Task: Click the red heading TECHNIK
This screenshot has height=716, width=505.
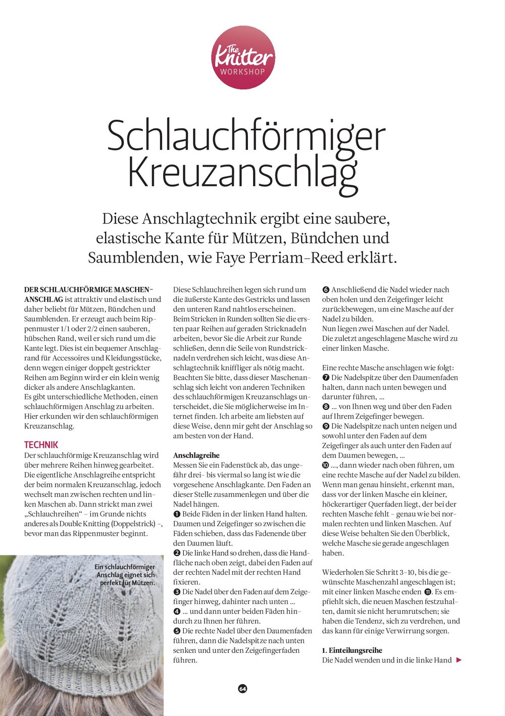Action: (41, 445)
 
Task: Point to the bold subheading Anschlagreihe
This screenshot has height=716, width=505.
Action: (196, 455)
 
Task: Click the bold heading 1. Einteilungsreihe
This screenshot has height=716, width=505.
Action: (352, 650)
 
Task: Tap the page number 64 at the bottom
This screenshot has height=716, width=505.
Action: (243, 689)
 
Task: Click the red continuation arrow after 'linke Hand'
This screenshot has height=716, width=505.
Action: (459, 660)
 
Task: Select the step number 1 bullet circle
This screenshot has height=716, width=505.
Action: (177, 514)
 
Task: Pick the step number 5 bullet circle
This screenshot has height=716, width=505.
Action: (177, 631)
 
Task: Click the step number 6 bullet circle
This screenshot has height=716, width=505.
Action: (326, 290)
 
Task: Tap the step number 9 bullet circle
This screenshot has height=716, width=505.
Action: (326, 426)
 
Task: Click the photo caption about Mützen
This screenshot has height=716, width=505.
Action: (126, 575)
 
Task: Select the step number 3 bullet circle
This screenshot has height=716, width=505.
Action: (177, 592)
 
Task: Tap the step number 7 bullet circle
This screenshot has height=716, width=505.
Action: (326, 378)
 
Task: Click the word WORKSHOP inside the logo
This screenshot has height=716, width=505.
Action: (243, 72)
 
